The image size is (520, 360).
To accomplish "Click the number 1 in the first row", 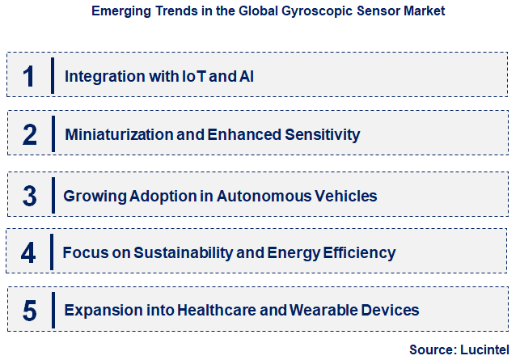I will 30,76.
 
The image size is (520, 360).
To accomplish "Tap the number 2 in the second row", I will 30,134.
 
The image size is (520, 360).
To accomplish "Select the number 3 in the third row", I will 30,195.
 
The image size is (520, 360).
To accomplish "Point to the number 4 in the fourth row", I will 29,252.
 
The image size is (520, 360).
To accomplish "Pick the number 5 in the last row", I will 30,310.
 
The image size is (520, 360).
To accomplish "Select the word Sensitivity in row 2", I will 322,135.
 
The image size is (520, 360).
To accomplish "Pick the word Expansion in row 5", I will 100,310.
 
